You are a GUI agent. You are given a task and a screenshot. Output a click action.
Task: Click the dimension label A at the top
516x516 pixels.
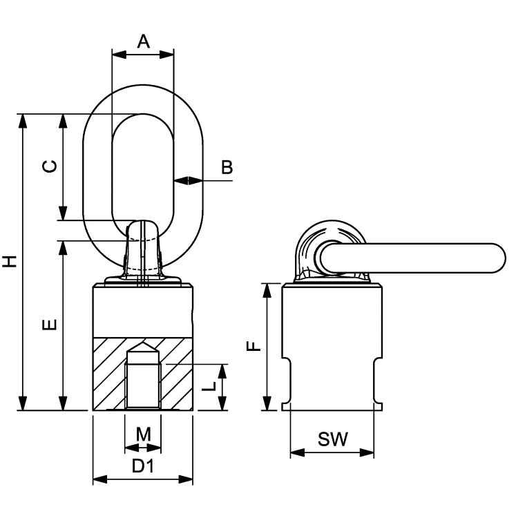click(x=143, y=41)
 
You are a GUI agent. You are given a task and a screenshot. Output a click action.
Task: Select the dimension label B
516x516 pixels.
click(x=227, y=166)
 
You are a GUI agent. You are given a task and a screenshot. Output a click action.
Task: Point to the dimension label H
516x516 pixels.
click(x=9, y=261)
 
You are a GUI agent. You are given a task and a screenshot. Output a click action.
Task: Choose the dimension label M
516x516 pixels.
click(x=143, y=434)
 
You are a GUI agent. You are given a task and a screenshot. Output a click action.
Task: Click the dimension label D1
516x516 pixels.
click(x=143, y=466)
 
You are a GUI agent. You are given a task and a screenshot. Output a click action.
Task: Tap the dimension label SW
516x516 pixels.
click(x=332, y=438)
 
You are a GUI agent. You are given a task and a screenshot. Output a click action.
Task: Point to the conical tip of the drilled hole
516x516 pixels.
click(x=142, y=347)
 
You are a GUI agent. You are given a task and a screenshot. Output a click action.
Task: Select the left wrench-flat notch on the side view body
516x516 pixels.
click(x=287, y=381)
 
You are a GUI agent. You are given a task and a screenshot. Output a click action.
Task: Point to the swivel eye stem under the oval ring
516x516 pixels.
click(x=142, y=252)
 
